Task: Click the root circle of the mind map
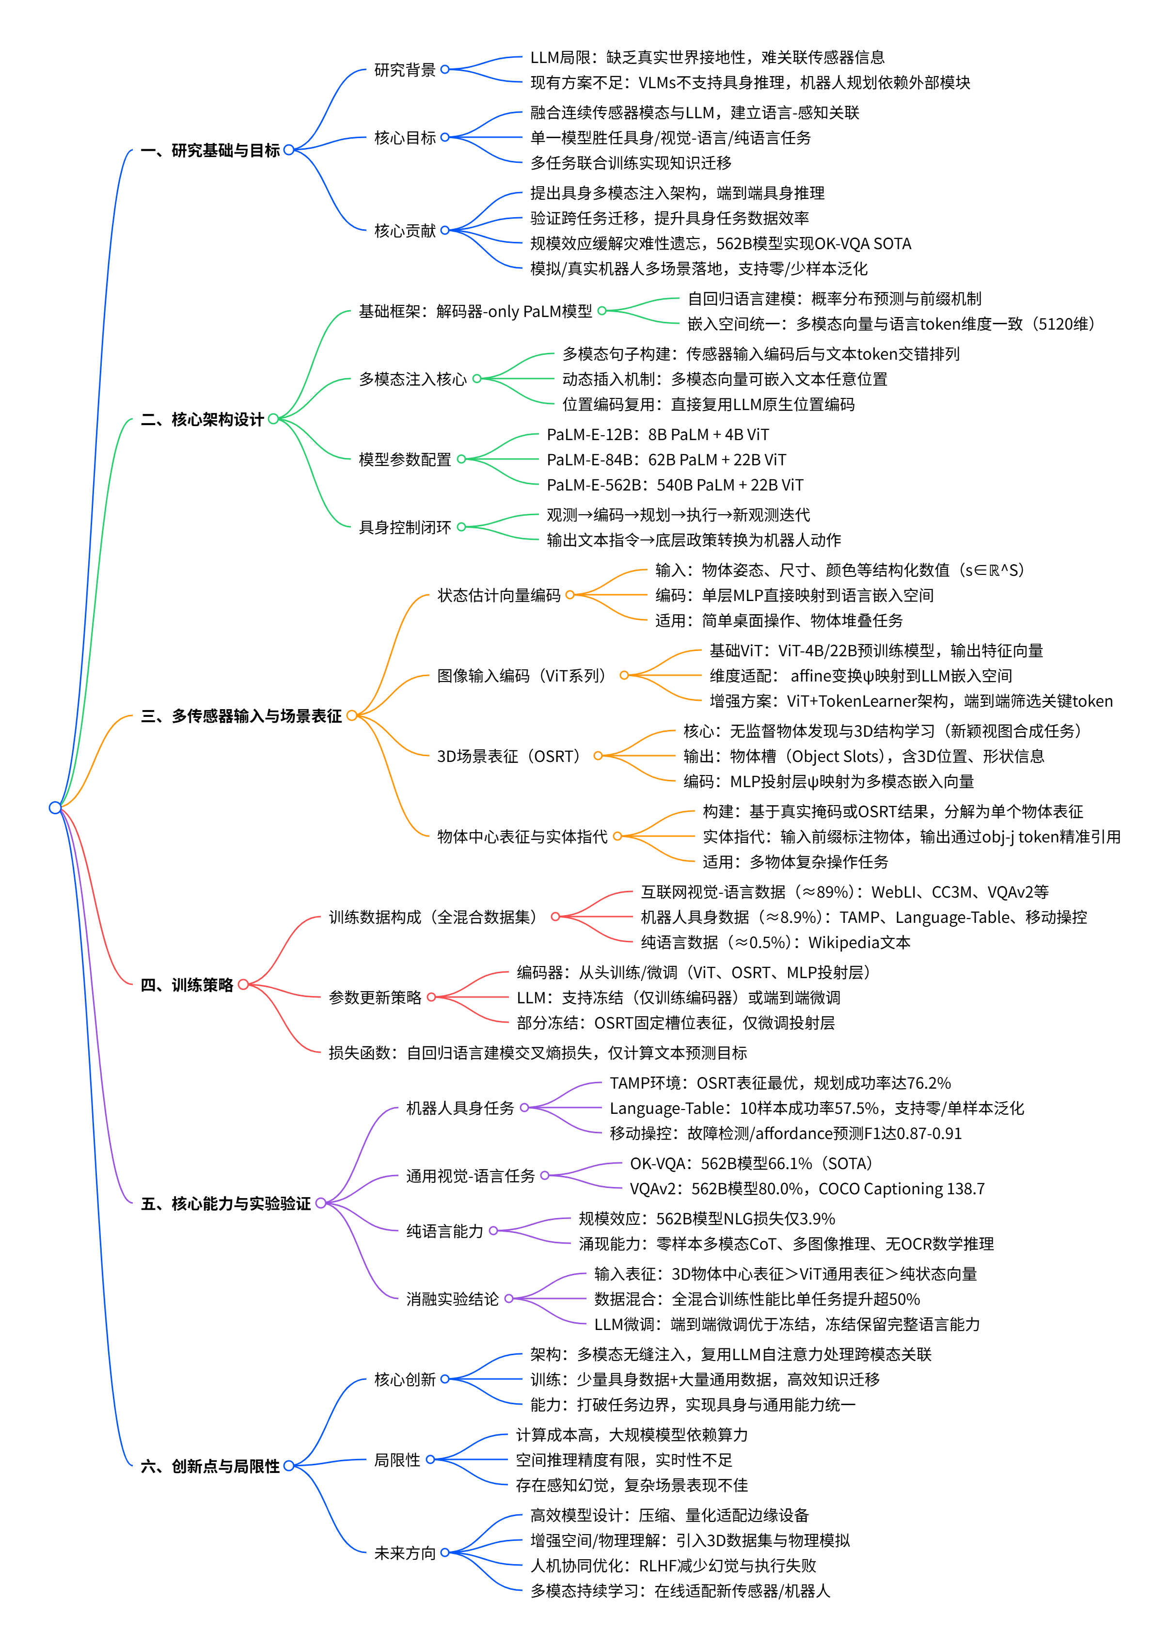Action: (55, 807)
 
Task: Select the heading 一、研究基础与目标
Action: (210, 151)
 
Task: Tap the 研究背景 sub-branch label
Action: (405, 70)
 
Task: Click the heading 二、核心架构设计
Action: (203, 419)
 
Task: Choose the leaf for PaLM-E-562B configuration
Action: (674, 485)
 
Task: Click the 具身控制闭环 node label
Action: (405, 527)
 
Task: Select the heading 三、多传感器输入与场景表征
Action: (241, 716)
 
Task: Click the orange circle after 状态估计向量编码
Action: (570, 595)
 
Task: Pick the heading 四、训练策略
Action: (187, 985)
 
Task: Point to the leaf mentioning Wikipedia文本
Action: (775, 942)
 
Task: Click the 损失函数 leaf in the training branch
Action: (538, 1053)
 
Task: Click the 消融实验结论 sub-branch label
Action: (452, 1299)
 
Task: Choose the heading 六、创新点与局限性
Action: (210, 1466)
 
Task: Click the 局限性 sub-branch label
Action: (397, 1460)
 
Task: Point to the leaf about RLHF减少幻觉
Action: (673, 1566)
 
